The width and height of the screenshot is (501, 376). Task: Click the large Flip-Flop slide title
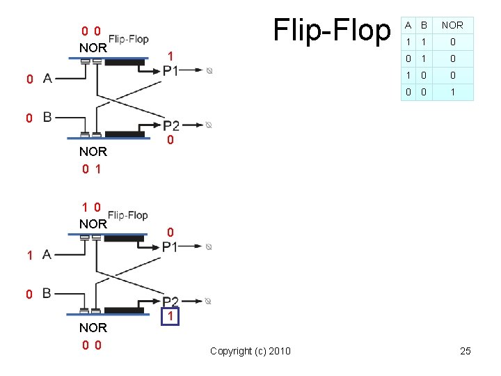tap(332, 30)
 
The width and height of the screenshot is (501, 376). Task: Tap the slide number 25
tap(465, 351)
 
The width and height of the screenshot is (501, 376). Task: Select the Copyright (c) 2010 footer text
tap(250, 351)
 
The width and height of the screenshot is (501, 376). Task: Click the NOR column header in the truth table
tap(452, 25)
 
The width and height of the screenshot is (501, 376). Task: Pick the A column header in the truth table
tap(408, 25)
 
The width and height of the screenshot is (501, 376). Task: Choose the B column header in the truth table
tap(424, 25)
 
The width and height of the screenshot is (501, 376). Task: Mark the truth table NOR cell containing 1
tap(452, 92)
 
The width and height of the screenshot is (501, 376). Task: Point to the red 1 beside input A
tap(30, 256)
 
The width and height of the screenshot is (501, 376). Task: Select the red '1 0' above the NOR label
tap(92, 207)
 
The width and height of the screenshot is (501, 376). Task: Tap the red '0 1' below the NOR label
tap(92, 168)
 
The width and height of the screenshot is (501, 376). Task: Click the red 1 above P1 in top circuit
tap(170, 56)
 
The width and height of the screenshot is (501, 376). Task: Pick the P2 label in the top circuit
tap(170, 125)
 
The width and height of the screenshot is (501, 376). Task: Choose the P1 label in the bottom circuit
tap(170, 246)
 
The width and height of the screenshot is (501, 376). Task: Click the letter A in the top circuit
tap(47, 79)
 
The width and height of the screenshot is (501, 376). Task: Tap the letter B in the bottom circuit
tap(47, 293)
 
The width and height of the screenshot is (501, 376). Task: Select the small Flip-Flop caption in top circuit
tap(128, 39)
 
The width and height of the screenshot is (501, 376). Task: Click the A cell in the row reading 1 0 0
tap(408, 75)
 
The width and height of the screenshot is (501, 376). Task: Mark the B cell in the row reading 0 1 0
tap(424, 58)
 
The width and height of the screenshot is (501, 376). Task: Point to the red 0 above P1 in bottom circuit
tap(170, 231)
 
